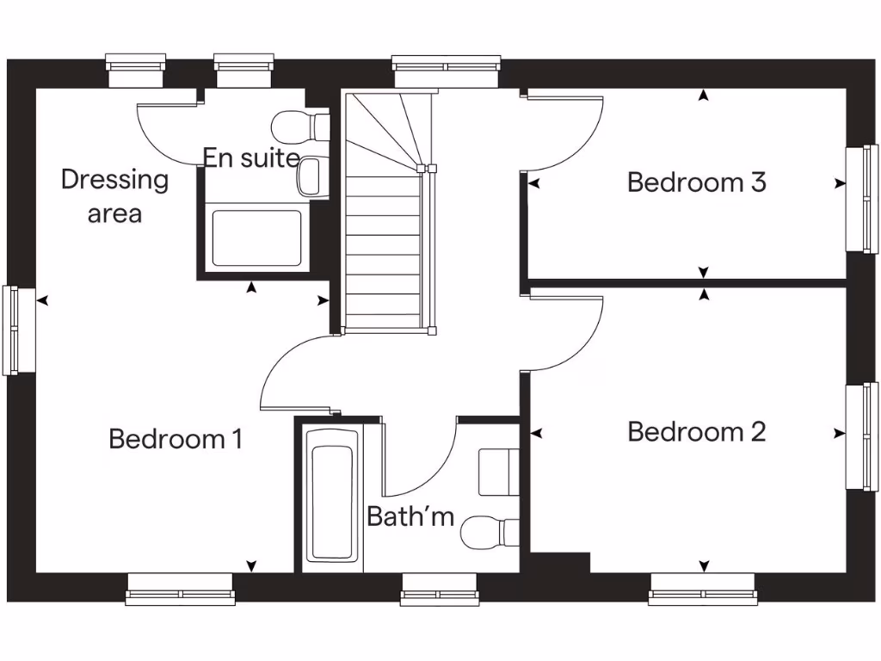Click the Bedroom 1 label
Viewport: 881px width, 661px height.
click(175, 439)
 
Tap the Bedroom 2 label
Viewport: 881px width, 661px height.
click(696, 431)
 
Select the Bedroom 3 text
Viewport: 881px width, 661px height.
click(696, 182)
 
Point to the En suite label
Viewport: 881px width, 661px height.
click(251, 158)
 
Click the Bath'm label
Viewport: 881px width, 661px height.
click(410, 516)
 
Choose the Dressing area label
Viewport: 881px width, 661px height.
click(114, 196)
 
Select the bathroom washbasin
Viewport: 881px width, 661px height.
click(498, 472)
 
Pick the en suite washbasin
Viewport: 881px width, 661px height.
click(311, 176)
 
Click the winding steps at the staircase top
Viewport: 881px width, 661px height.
click(387, 129)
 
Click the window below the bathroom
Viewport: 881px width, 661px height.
click(428, 590)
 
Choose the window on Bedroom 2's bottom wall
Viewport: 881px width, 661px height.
click(703, 590)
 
